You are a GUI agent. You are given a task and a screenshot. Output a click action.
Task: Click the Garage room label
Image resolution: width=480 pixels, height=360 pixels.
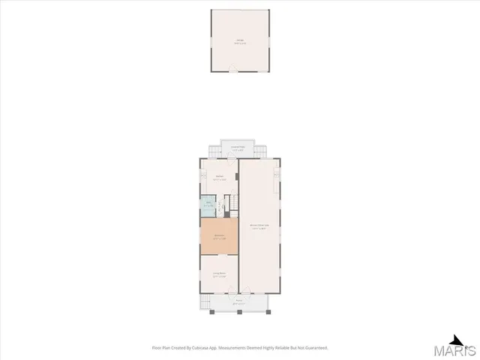click(x=240, y=43)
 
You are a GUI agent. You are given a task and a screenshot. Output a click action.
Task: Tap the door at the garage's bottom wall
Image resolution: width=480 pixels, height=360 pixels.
click(x=240, y=72)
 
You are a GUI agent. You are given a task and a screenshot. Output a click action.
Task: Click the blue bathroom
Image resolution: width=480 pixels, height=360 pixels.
click(x=207, y=205)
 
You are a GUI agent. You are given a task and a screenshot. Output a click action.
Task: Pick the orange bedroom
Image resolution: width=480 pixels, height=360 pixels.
click(x=219, y=237)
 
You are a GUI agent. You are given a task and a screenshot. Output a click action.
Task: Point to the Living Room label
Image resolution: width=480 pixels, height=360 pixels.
click(x=219, y=274)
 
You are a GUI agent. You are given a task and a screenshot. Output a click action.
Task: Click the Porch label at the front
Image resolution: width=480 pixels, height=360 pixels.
click(x=238, y=300)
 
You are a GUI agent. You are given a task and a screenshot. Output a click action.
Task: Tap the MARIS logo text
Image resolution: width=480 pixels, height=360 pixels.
click(x=457, y=350)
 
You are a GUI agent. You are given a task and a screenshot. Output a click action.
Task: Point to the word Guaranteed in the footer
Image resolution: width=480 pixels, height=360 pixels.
click(x=314, y=347)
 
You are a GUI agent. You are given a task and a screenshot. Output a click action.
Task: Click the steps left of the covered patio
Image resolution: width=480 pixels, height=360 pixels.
click(x=214, y=153)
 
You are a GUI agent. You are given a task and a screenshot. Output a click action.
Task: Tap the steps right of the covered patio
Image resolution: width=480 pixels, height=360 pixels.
click(x=262, y=153)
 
